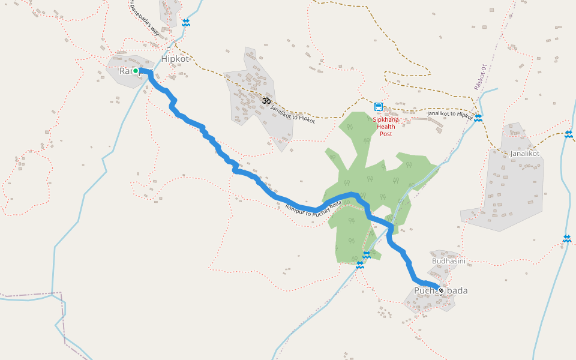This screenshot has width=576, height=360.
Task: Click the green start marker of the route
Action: coord(136,71)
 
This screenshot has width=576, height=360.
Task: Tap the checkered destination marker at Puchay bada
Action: coord(441,290)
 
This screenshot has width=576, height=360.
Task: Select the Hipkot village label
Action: coord(175,59)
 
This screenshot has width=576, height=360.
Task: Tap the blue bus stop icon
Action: coord(379,107)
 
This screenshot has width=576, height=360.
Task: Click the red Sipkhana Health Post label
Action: coord(386,126)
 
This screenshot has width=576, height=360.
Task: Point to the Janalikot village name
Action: coord(524,154)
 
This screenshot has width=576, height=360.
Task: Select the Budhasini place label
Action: coord(449,262)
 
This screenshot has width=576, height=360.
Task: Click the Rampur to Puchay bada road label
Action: coord(313,212)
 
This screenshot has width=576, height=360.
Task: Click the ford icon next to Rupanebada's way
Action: coord(186,23)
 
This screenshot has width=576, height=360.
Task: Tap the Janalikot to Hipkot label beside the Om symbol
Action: coord(293,114)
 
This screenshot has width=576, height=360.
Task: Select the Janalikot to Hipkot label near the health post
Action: coord(450,114)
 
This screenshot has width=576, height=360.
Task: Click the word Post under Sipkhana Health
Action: coord(386,134)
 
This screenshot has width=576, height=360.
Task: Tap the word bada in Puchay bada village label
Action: coord(457,291)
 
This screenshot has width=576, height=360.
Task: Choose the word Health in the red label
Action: coord(386,126)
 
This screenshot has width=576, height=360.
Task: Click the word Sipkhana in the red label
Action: coord(386,119)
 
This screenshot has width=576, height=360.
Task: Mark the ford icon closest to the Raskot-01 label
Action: coord(478,118)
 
